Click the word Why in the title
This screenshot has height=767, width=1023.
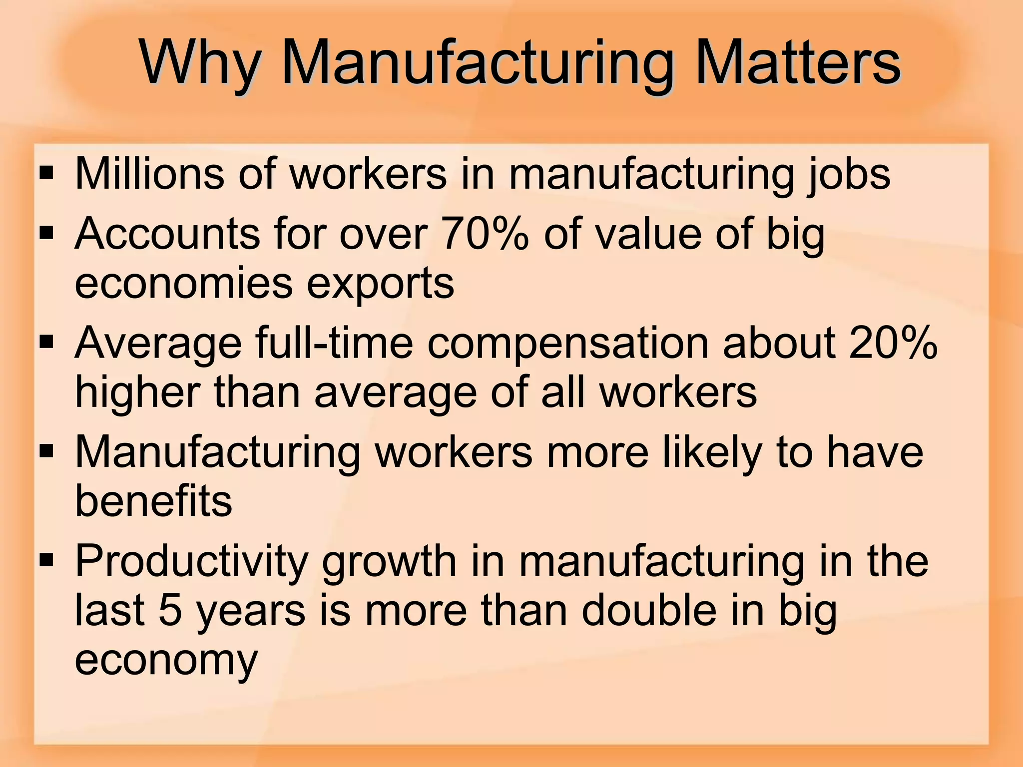point(200,64)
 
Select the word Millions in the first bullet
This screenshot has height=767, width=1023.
point(150,174)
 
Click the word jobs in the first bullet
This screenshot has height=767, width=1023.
point(848,175)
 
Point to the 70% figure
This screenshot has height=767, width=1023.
point(485,234)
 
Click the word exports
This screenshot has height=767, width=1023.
point(380,284)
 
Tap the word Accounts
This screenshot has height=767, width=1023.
point(167,234)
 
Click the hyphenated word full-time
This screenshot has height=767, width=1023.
point(334,343)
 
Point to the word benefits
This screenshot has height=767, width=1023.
point(154,500)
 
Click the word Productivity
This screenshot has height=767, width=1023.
point(191,561)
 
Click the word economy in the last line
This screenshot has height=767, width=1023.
point(166,660)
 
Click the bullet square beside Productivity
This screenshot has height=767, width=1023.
point(46,560)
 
